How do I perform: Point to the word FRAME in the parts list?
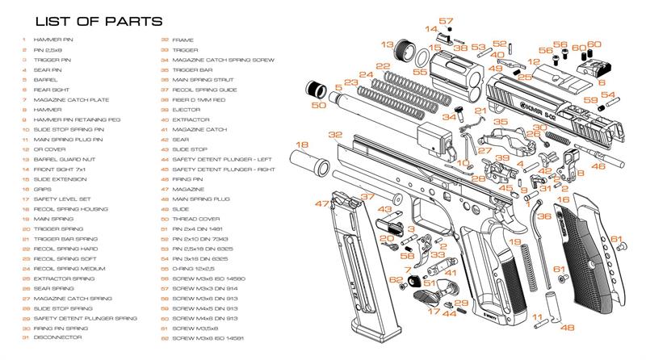point(182,39)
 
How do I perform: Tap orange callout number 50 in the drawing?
point(319,105)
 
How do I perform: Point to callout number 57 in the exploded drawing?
point(445,21)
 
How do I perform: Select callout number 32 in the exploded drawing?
point(334,134)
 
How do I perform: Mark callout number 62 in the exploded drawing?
point(396,280)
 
